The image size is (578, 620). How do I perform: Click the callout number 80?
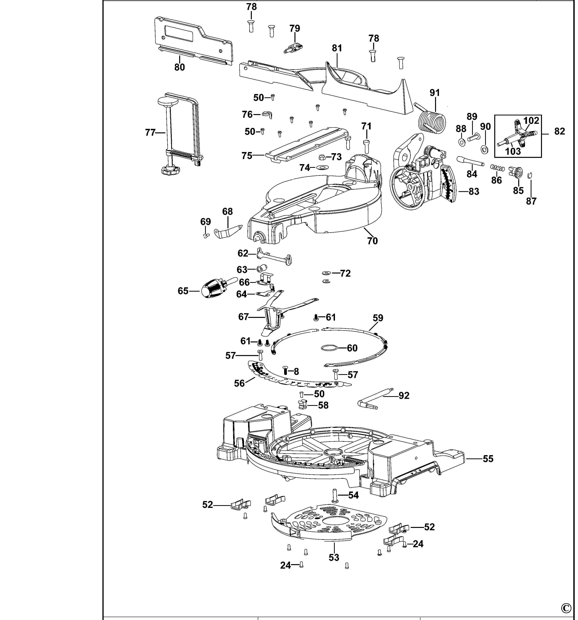pyautogui.click(x=180, y=67)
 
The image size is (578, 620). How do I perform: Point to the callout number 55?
pyautogui.click(x=488, y=459)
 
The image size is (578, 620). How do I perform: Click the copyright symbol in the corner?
pyautogui.click(x=566, y=608)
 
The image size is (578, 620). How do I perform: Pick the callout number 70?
pyautogui.click(x=372, y=241)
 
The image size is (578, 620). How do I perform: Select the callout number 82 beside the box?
pyautogui.click(x=559, y=131)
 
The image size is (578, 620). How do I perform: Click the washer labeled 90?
pyautogui.click(x=484, y=149)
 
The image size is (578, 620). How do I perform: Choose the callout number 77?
pyautogui.click(x=150, y=133)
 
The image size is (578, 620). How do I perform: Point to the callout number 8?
pyautogui.click(x=296, y=371)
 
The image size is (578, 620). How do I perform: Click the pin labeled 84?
pyautogui.click(x=470, y=162)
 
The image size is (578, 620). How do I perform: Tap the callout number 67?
pyautogui.click(x=243, y=317)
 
